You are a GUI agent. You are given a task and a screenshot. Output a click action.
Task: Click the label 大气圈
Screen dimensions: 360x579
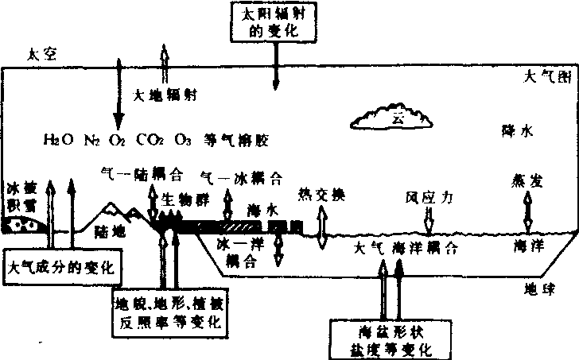546,77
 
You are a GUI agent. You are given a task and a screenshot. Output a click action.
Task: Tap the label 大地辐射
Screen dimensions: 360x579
165,95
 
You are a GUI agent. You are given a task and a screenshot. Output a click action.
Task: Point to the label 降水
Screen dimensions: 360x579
515,129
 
